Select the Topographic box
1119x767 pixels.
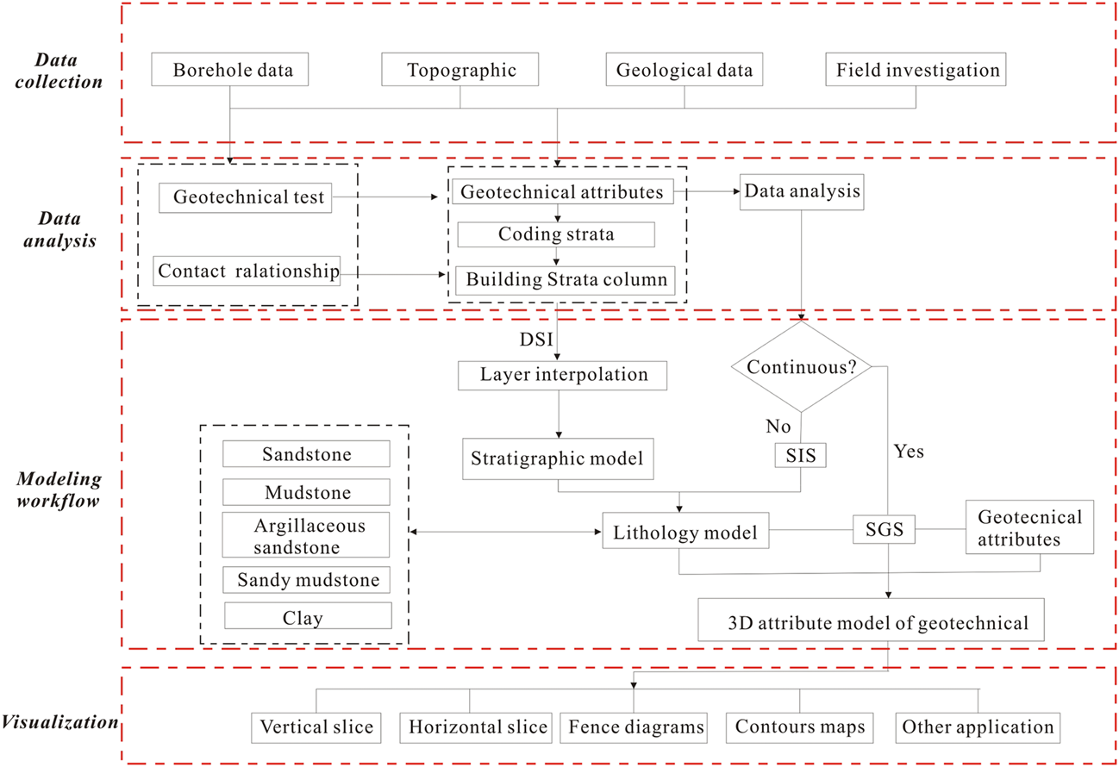point(460,70)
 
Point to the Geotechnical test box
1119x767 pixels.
point(248,198)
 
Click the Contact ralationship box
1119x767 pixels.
point(248,271)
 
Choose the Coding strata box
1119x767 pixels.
point(556,234)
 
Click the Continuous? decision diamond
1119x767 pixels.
point(802,366)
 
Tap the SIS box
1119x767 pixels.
point(802,456)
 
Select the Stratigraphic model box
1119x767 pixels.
point(557,458)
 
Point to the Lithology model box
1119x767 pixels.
point(685,533)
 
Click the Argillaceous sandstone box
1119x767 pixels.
point(306,535)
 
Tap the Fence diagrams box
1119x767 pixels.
point(636,727)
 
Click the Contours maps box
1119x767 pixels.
point(799,727)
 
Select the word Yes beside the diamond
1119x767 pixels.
point(908,452)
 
